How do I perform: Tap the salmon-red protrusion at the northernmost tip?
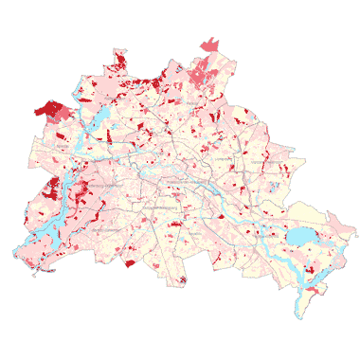pyautogui.click(x=209, y=43)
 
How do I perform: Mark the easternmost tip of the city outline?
pyautogui.click(x=356, y=230)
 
